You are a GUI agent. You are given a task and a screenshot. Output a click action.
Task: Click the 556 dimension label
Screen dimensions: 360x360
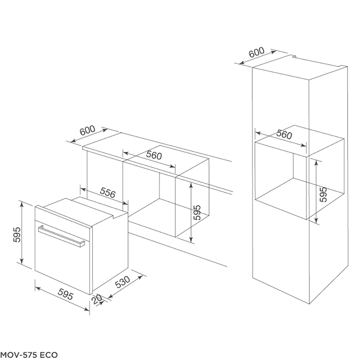coord(108,193)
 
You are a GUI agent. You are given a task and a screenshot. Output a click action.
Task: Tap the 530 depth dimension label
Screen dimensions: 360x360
coord(122,282)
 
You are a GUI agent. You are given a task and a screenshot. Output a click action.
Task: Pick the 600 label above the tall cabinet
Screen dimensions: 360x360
coord(257,53)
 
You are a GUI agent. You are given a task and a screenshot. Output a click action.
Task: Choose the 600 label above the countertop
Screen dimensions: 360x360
coord(87,130)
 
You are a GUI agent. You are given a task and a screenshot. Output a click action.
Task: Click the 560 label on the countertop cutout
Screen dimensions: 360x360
coord(154,155)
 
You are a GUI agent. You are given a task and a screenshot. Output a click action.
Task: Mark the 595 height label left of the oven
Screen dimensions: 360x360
coord(17,235)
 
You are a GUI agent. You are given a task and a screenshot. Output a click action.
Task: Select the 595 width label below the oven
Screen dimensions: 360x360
coord(66,294)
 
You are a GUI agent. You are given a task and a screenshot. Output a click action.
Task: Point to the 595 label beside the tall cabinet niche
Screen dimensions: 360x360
coord(323,194)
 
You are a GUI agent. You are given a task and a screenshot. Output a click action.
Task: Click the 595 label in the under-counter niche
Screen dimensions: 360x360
coord(197,212)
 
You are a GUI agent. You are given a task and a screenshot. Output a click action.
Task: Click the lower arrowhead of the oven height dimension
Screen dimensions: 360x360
coord(22,261)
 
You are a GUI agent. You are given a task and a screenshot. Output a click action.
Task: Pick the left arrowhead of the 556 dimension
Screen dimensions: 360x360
coord(83,189)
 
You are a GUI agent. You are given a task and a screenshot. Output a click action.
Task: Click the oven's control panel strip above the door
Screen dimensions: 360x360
coord(63,217)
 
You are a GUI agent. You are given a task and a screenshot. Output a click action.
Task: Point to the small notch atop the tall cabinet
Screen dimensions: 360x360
coord(293,56)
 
